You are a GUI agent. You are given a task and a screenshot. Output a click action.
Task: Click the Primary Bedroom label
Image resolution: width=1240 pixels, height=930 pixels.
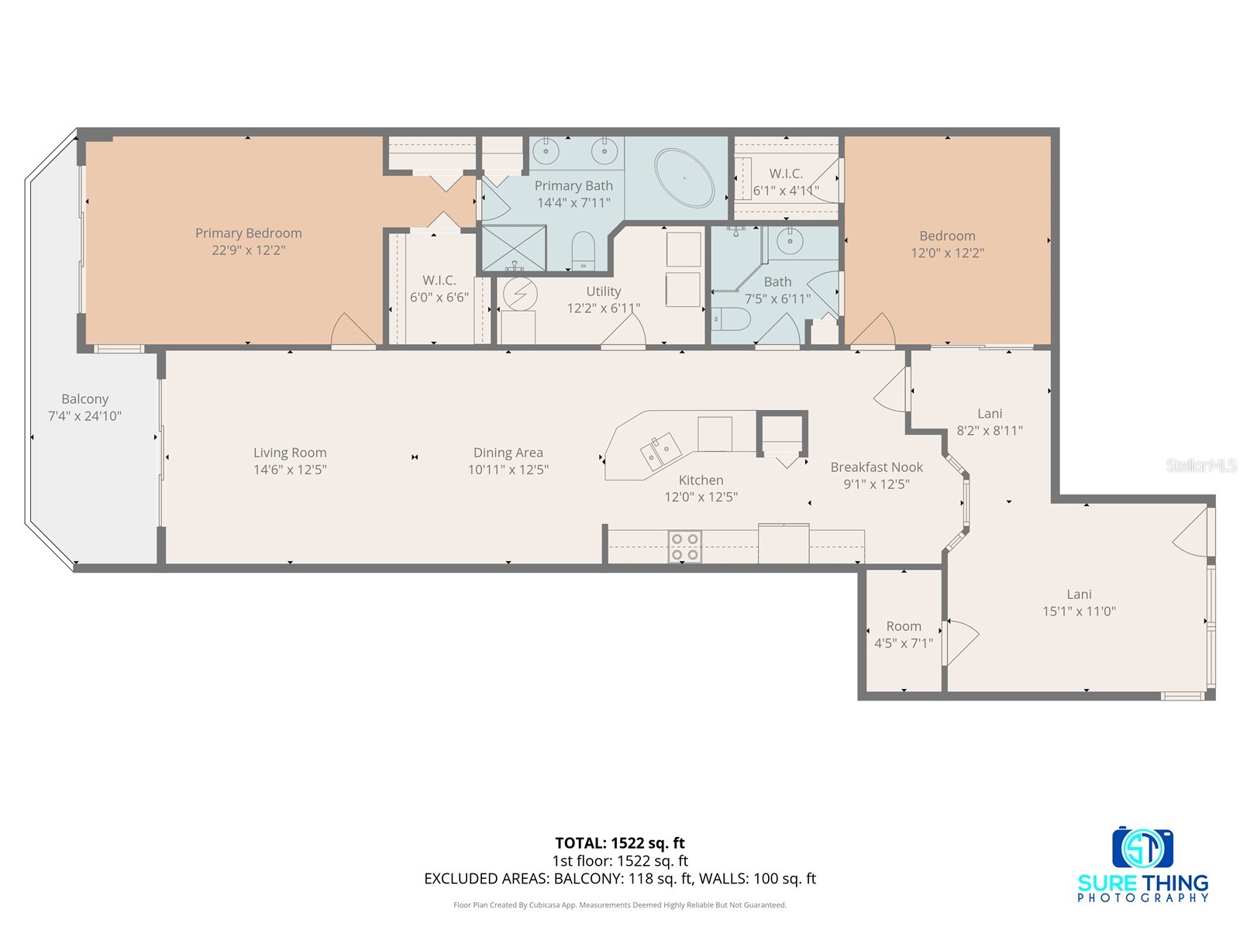(248, 232)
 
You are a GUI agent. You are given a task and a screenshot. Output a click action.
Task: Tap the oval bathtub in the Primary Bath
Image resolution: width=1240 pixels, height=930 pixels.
(684, 178)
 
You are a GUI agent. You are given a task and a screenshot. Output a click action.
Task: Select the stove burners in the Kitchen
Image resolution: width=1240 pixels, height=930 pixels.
(685, 546)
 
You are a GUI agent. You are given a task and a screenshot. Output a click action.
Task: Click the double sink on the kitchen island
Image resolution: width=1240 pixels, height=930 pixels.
(660, 450)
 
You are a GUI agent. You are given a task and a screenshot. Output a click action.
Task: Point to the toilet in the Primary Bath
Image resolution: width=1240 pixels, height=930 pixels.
(581, 251)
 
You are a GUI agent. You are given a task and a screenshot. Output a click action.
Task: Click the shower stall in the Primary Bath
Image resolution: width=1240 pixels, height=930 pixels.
(514, 247)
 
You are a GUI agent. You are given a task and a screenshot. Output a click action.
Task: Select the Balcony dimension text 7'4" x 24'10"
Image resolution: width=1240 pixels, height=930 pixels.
(84, 416)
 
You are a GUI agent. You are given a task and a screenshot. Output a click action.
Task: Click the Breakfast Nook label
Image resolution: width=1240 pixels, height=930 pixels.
(877, 467)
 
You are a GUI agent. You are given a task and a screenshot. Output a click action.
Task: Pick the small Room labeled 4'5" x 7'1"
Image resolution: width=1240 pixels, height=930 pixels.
(904, 634)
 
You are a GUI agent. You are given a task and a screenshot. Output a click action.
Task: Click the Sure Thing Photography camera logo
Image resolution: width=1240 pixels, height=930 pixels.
(1142, 849)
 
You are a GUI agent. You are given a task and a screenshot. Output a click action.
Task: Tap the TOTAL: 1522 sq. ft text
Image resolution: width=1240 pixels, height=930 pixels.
(620, 843)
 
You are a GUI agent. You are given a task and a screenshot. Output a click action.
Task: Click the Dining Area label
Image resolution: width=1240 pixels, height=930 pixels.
(508, 453)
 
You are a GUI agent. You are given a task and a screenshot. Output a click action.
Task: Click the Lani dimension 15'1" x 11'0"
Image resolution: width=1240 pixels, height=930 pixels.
(1079, 611)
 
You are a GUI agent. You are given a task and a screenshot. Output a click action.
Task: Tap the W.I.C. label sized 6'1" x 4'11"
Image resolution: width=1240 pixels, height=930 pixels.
(786, 181)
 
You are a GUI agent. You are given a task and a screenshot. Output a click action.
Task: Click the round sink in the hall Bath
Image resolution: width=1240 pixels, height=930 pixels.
(790, 242)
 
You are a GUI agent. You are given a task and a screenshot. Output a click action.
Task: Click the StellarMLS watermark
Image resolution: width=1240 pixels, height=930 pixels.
(1200, 465)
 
